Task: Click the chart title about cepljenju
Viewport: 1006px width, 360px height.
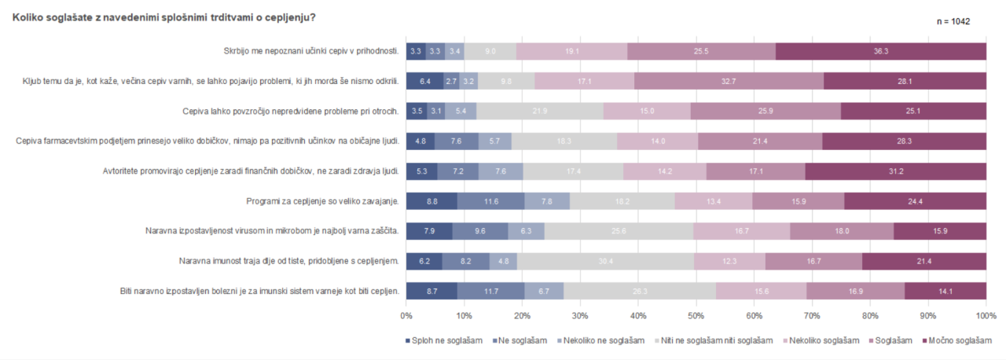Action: point(165,17)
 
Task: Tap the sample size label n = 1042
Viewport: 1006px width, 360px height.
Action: point(953,21)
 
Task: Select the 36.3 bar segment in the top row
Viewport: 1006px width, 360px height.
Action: point(880,51)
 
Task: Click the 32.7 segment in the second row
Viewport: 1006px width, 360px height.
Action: point(729,81)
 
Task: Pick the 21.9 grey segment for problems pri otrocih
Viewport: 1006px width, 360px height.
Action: point(540,112)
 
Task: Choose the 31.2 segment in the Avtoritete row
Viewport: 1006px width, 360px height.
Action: point(895,171)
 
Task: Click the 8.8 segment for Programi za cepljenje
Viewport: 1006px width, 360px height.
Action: point(431,201)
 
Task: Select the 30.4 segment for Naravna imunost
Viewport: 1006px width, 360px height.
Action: point(605,261)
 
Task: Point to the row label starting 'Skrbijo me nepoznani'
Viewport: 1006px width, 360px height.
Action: point(311,51)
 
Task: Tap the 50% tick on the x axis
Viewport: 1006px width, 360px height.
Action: point(696,315)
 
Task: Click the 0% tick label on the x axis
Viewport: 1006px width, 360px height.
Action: point(406,315)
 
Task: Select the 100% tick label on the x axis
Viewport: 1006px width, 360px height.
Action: point(986,315)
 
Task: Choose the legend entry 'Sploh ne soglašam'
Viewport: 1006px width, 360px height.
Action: point(444,340)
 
